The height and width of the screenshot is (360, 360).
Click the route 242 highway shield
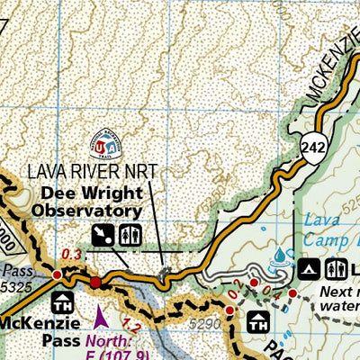pyautogui.click(x=313, y=146)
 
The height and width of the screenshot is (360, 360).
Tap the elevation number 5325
pyautogui.click(x=19, y=284)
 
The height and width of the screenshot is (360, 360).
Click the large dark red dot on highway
pyautogui.click(x=96, y=283)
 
